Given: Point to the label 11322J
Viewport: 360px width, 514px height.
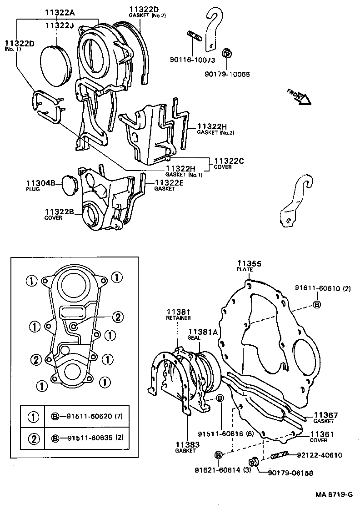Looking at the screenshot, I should coord(60,26).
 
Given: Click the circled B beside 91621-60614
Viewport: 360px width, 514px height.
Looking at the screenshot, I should coord(218,455).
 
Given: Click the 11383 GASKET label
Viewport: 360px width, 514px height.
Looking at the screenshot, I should coord(185,447).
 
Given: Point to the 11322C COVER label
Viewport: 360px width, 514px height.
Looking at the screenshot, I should coord(229,163).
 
